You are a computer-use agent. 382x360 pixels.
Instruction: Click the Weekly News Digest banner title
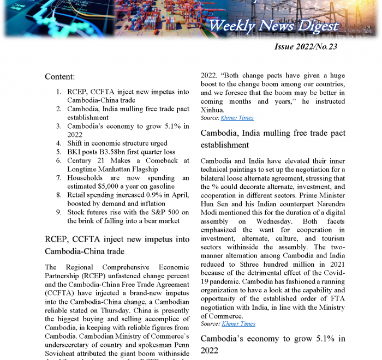click(273, 26)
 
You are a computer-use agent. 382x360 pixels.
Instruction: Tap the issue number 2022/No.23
click(306, 47)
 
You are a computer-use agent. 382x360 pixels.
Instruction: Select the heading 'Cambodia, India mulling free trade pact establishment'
click(273, 139)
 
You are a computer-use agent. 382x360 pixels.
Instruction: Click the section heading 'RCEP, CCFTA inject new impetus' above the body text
click(117, 244)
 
